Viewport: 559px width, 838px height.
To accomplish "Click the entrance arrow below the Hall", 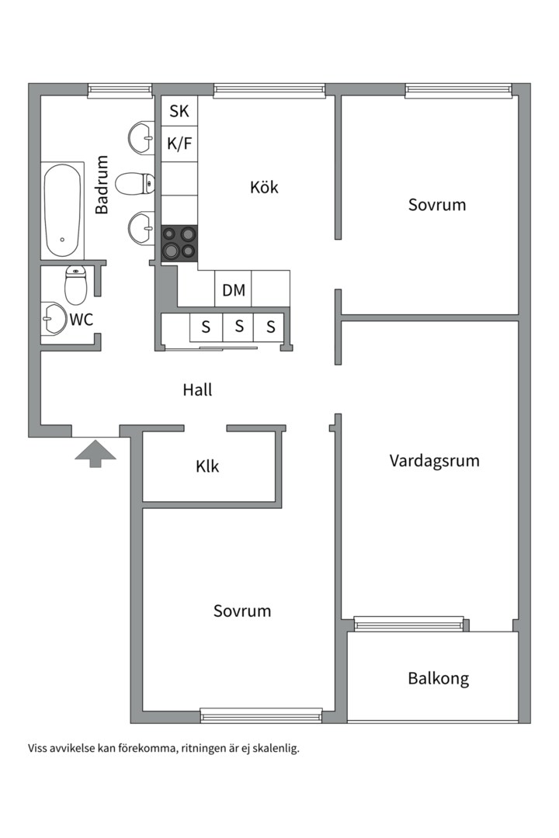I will coord(95,453).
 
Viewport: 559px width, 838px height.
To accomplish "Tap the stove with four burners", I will coord(179,243).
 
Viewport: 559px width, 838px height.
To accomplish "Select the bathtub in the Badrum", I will coord(62,210).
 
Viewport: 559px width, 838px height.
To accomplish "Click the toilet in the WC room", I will coord(75,285).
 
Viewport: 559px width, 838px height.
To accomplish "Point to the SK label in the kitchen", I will coord(179,112).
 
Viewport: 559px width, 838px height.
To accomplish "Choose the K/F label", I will coord(179,144).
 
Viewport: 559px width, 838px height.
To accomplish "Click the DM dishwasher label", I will coord(234,291).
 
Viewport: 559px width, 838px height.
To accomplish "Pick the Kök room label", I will coord(264,187).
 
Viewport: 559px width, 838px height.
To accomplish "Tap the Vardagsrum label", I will coord(434,461).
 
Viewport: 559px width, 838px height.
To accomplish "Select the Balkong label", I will coord(439,679).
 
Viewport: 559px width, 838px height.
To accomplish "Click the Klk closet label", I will coord(207,467).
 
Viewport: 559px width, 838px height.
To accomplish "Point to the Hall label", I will coord(197,390).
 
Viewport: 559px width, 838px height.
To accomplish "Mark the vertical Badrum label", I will coord(102,184).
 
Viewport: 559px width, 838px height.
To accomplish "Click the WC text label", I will coord(82,319).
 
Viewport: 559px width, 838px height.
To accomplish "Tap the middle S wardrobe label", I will coord(239,327).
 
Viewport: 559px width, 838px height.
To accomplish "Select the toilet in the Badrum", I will coord(134,184).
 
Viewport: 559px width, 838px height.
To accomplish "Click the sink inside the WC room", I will coord(53,318).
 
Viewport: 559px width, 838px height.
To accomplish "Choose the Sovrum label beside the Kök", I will coord(437,205).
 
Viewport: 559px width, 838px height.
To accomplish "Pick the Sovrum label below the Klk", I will coord(242,611).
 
